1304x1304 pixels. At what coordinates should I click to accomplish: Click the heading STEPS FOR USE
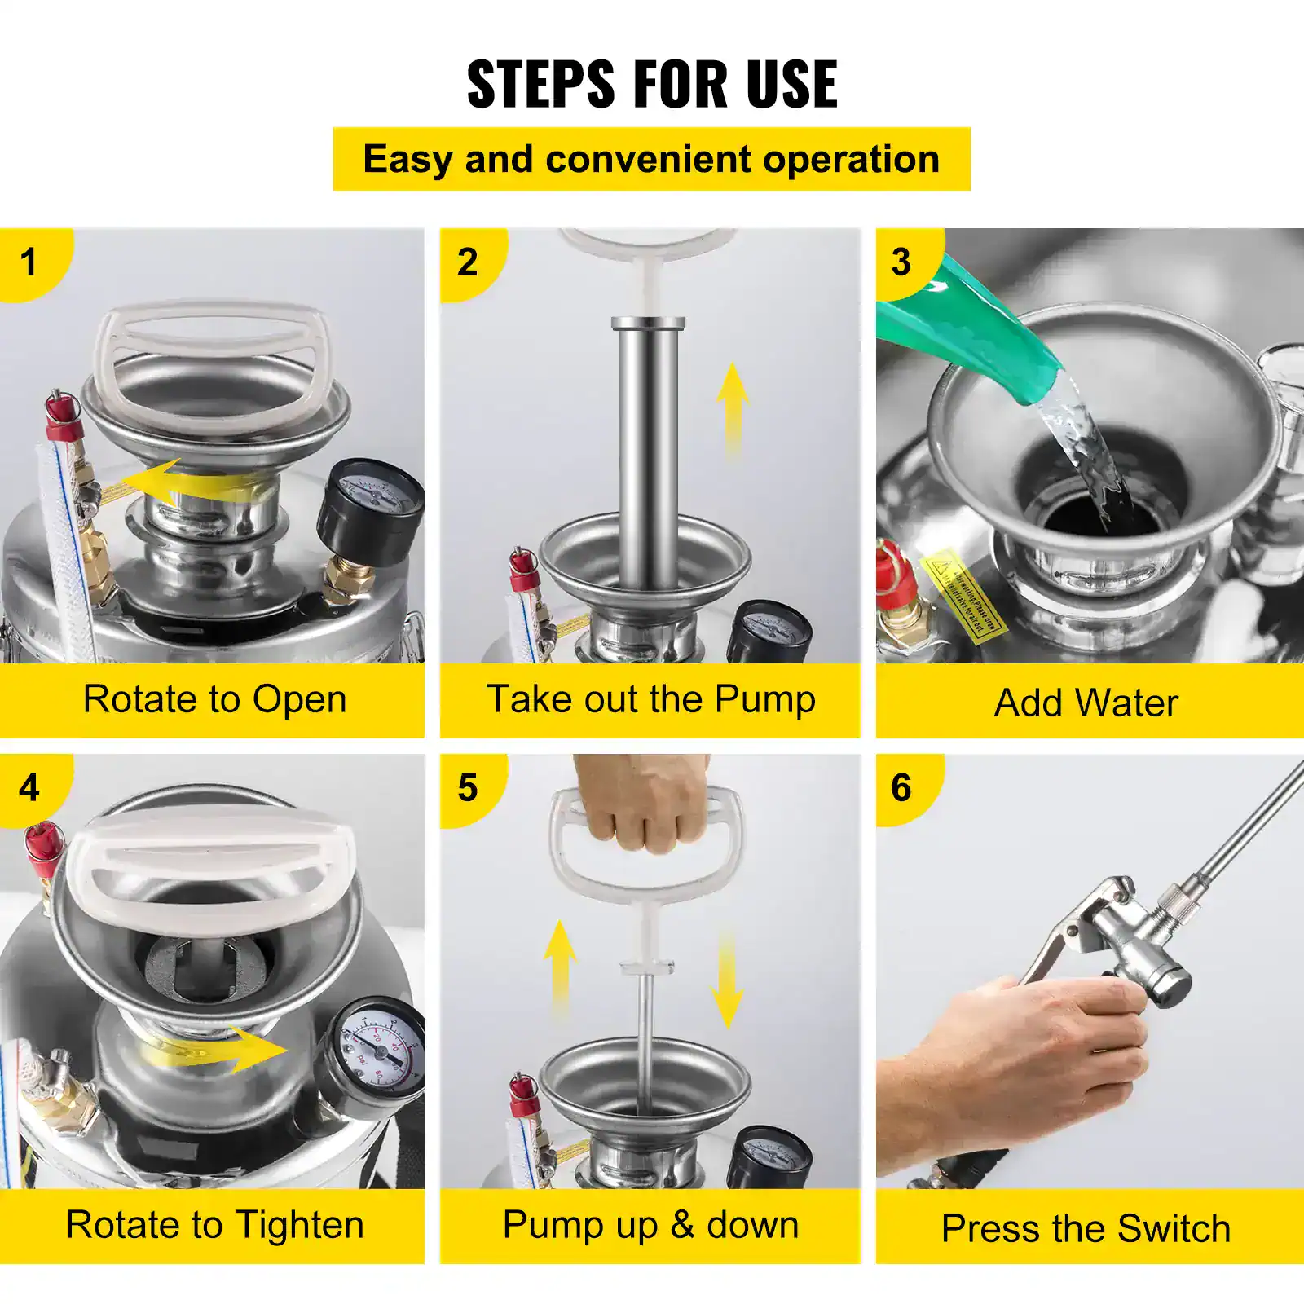click(x=652, y=84)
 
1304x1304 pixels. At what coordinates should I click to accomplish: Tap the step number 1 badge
click(x=29, y=262)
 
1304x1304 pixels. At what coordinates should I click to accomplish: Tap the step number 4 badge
click(x=29, y=788)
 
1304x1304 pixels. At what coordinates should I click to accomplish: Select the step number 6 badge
click(x=901, y=788)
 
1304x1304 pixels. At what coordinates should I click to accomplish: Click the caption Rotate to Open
click(x=214, y=699)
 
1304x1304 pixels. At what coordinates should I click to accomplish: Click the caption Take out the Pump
click(x=650, y=699)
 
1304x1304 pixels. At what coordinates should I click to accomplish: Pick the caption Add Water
click(x=1086, y=703)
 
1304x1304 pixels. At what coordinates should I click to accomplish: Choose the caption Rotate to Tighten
click(x=214, y=1225)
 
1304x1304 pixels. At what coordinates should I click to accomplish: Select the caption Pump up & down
click(x=650, y=1225)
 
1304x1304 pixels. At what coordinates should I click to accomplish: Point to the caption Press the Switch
click(x=1086, y=1228)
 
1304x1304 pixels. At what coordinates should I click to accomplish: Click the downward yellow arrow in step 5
click(x=725, y=982)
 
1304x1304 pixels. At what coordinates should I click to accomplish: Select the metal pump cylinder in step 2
click(x=648, y=448)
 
